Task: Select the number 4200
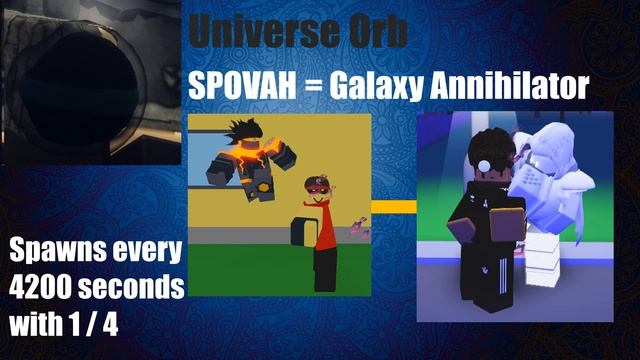click(x=41, y=287)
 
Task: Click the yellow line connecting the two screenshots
click(x=394, y=207)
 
